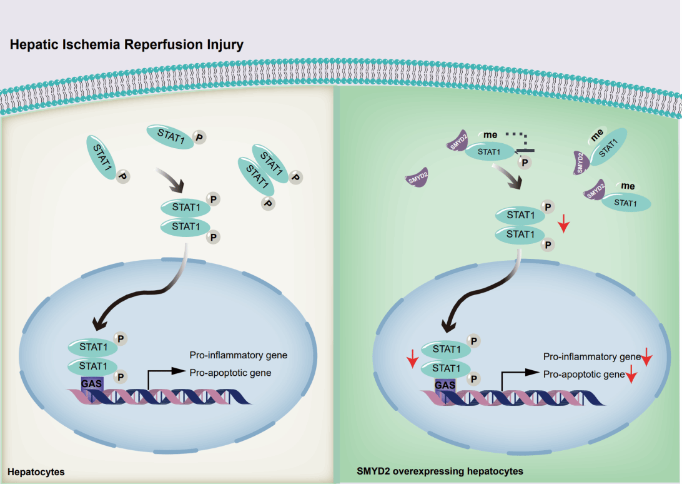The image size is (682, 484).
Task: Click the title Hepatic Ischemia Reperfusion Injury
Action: coord(126,45)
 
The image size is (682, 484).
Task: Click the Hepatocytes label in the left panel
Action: coord(36,470)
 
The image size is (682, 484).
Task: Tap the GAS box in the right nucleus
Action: coord(445,385)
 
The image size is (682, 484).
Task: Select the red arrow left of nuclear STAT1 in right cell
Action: coord(412,360)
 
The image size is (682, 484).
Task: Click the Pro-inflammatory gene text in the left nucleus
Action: coord(238,355)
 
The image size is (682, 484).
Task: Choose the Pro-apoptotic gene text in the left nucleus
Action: coord(230,372)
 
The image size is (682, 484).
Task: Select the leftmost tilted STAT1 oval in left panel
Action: coord(102,158)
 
